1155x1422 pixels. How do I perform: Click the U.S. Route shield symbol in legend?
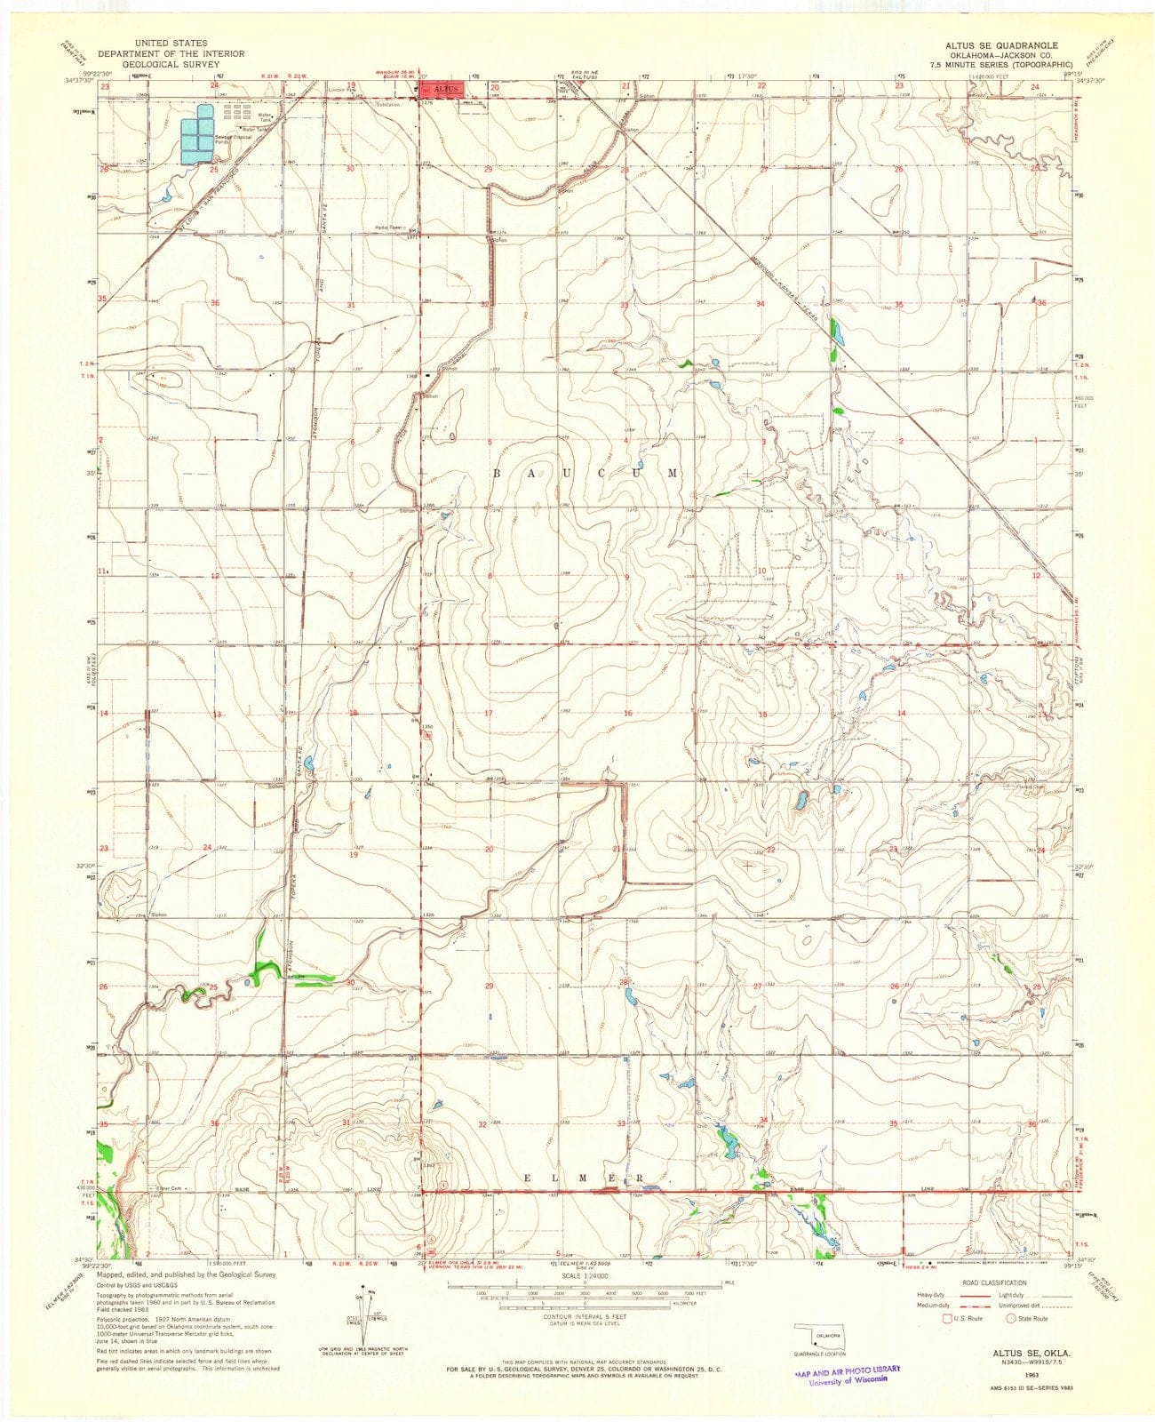coord(949,1318)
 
